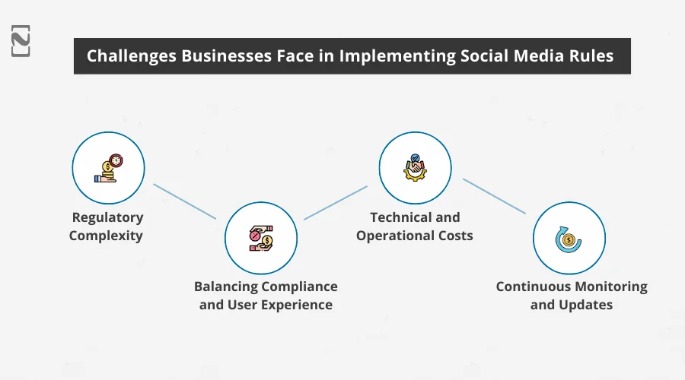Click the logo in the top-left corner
21,40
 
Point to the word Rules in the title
592,56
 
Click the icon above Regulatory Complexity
108,169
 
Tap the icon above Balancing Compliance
261,238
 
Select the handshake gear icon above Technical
415,169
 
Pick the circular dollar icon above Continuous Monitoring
569,238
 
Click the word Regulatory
107,217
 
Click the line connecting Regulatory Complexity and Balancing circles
184,201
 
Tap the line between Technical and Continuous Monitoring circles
494,196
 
